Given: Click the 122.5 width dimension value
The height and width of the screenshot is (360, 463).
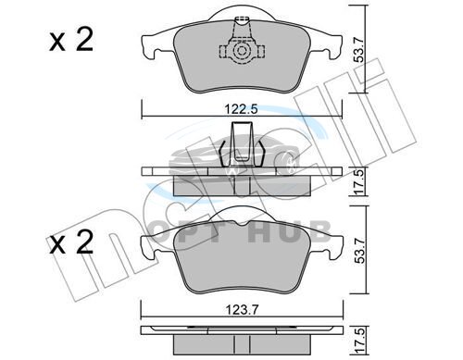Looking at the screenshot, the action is tap(241, 109).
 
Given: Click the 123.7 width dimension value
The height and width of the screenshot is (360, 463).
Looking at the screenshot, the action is tap(241, 309).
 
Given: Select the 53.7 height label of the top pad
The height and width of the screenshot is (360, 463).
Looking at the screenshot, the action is tap(359, 49).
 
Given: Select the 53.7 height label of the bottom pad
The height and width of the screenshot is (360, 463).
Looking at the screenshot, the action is tap(359, 251).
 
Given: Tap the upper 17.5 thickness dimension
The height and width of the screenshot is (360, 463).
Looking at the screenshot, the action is tap(359, 181).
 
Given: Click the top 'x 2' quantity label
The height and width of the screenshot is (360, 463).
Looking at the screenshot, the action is tap(71, 41).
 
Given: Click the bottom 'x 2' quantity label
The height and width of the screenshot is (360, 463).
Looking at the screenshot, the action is tap(71, 242).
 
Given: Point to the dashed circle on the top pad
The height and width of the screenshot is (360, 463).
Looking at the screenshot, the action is tap(241, 51).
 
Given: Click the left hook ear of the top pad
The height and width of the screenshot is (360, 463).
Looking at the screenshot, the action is tap(148, 48).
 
